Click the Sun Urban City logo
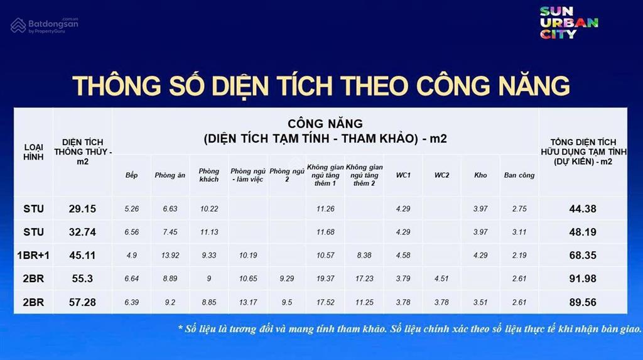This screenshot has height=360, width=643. pyautogui.click(x=569, y=23)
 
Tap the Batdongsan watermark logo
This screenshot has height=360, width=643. pyautogui.click(x=45, y=25)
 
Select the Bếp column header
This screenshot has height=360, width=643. pyautogui.click(x=131, y=175)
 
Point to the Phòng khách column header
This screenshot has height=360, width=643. pyautogui.click(x=208, y=175)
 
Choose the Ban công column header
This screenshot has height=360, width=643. pyautogui.click(x=519, y=175)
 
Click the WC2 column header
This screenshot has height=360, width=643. pyautogui.click(x=441, y=175)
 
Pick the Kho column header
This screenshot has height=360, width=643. pyautogui.click(x=480, y=175)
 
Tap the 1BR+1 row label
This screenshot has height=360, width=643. pyautogui.click(x=33, y=255)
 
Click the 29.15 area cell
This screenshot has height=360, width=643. pyautogui.click(x=82, y=209)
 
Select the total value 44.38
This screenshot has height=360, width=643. pyautogui.click(x=583, y=209)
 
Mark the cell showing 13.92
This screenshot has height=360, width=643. pyautogui.click(x=170, y=255)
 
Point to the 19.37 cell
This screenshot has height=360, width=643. pyautogui.click(x=325, y=279)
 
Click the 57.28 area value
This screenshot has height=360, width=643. pyautogui.click(x=82, y=303)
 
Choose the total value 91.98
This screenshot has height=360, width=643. pyautogui.click(x=583, y=279)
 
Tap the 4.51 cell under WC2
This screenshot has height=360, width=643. pyautogui.click(x=441, y=279)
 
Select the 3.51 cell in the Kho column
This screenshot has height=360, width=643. pyautogui.click(x=480, y=303)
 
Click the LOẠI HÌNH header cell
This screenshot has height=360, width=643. pyautogui.click(x=33, y=152)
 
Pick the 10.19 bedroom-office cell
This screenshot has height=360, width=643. pyautogui.click(x=247, y=255)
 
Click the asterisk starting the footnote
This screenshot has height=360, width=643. pyautogui.click(x=180, y=327)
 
